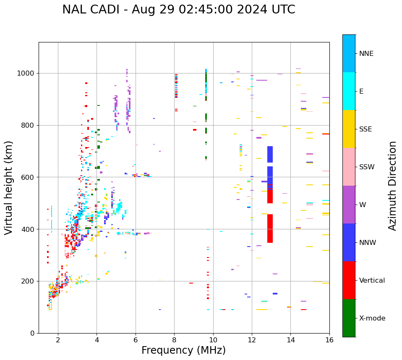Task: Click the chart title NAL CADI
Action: tap(178, 10)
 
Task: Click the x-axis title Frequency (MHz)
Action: tap(183, 350)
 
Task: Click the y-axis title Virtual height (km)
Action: tap(9, 188)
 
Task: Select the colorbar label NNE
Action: tap(366, 54)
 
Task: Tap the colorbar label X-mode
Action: tap(372, 318)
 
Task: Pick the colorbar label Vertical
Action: tap(372, 281)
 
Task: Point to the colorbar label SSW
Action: tap(367, 167)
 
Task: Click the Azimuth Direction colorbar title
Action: tap(392, 186)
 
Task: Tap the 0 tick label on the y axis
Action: tap(32, 333)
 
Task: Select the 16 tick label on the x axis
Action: tap(329, 340)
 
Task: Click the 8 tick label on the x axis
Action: tap(174, 340)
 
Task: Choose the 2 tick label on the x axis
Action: tap(58, 340)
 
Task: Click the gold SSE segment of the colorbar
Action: tap(349, 129)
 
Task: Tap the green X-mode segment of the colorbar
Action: tap(349, 318)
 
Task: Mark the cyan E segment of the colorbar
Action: tap(349, 91)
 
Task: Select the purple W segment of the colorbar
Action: tap(349, 205)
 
